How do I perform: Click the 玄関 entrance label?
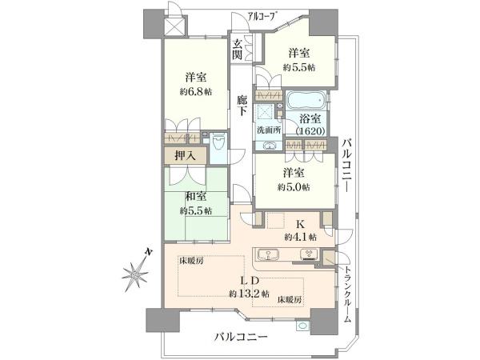[238, 50]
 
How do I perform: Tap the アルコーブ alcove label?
[261, 16]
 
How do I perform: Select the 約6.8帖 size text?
[196, 91]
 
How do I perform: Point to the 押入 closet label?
[186, 156]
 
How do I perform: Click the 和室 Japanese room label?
[196, 197]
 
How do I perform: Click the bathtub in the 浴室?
[306, 101]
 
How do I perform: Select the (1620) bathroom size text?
[310, 131]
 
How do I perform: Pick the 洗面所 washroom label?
[269, 130]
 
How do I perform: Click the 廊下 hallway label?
[242, 106]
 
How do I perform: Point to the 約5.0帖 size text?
[294, 187]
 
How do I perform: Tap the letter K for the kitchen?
[300, 225]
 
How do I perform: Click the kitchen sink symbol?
[268, 254]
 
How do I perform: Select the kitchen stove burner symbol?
[310, 254]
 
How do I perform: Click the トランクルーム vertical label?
[347, 294]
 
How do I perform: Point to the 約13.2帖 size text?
[249, 294]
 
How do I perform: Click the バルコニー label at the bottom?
[241, 338]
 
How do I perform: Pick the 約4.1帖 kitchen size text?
[301, 237]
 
